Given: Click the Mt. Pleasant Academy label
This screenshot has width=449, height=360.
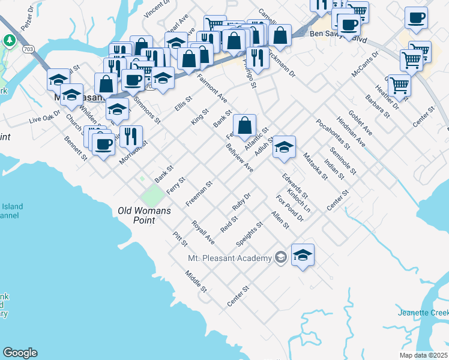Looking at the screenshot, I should tap(230, 258).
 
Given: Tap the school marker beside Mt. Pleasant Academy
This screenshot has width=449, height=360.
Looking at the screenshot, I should tap(303, 254).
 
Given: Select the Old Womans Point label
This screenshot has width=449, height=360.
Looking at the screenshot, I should tap(144, 215).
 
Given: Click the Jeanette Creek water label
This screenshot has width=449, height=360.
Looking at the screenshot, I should tap(423, 313).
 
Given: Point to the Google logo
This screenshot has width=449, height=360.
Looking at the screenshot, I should tap(20, 353).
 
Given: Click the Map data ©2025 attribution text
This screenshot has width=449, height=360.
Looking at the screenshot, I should tap(424, 355).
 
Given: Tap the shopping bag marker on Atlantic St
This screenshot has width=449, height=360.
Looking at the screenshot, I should tap(244, 125).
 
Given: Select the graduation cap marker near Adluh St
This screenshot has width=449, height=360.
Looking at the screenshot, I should tap(284, 147).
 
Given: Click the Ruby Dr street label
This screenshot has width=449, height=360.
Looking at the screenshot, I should tap(241, 201).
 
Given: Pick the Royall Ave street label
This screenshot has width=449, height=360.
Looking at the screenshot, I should tap(203, 232).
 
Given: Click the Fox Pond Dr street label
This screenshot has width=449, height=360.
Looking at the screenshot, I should tap(289, 208).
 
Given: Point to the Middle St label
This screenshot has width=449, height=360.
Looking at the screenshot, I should tap(196, 281).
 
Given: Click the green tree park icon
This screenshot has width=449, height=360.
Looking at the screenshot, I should tap(10, 40).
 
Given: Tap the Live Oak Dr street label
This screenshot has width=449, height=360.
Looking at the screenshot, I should tap(46, 116).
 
